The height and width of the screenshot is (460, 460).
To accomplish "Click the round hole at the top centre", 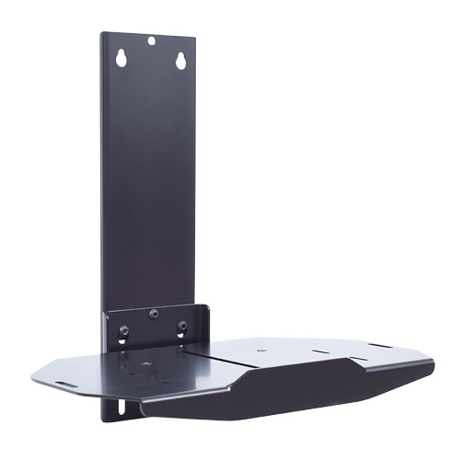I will point(152,40).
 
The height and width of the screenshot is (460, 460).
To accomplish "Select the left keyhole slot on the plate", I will point(120,58).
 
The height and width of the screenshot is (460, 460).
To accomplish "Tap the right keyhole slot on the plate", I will point(180,60).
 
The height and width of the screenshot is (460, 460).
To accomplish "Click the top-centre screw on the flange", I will point(153,314).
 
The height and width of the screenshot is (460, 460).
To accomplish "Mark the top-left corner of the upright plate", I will point(102,34).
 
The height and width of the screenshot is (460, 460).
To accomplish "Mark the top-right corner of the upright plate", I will point(194,39).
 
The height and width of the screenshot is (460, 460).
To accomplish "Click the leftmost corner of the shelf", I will point(31,377).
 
